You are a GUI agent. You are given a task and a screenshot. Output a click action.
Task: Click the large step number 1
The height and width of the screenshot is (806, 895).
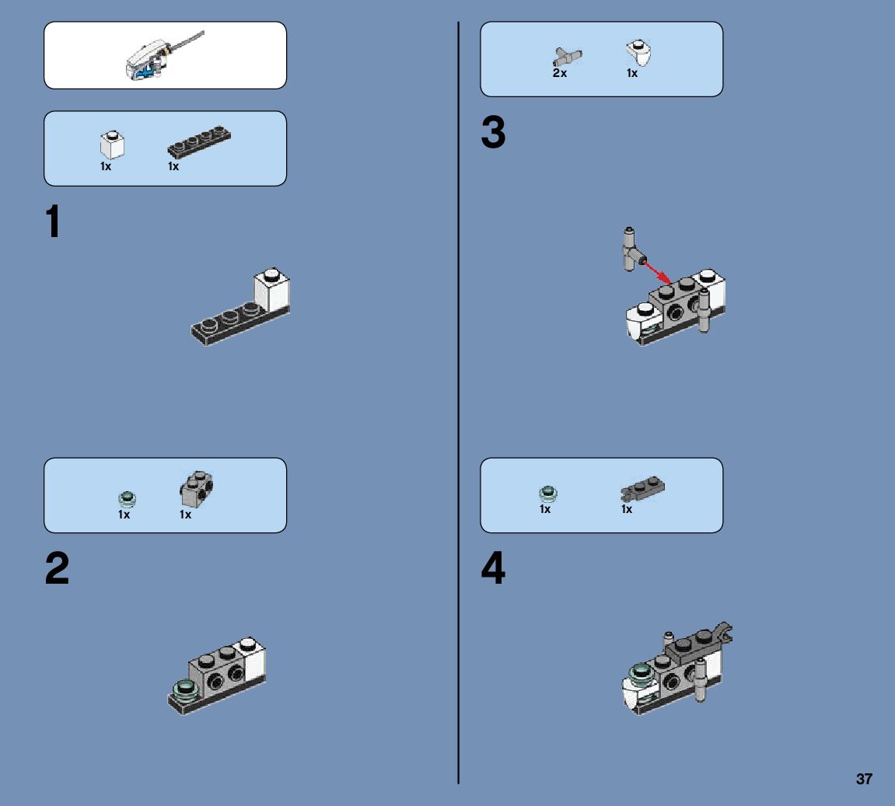click(53, 221)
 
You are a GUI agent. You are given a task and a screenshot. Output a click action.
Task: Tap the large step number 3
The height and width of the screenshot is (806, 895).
click(493, 132)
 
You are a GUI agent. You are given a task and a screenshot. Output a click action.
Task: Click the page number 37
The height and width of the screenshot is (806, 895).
click(864, 779)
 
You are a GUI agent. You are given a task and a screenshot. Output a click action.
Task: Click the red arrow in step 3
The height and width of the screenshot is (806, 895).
click(658, 271)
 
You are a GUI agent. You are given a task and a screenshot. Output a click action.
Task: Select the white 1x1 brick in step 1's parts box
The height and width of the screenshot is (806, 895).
click(112, 145)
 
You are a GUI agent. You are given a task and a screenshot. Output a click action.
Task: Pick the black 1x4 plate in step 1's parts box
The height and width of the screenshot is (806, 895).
click(199, 141)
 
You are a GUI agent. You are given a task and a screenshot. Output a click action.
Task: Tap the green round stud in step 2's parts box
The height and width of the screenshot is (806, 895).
click(127, 499)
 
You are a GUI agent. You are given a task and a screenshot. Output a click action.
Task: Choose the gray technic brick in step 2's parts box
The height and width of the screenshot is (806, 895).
click(197, 489)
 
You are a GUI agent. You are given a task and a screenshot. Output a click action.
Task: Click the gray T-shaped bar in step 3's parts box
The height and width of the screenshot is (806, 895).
click(567, 57)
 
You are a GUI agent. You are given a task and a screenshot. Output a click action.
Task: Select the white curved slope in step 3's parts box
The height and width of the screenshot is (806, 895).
click(638, 53)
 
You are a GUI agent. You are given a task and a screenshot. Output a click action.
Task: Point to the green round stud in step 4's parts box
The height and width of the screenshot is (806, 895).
click(548, 494)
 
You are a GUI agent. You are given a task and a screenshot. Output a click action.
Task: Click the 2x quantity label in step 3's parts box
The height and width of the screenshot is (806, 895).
click(559, 73)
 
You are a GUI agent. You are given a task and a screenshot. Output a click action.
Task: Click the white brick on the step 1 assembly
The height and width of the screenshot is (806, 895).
click(271, 290)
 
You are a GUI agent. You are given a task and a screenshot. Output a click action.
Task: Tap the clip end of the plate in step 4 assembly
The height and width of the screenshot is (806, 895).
click(723, 632)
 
